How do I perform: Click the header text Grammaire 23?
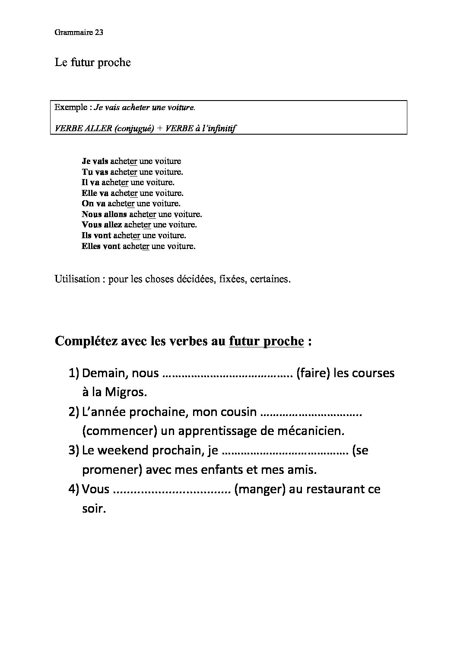click(x=79, y=33)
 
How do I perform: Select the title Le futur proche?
click(x=92, y=63)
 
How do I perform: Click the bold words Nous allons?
click(x=104, y=214)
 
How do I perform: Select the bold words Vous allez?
click(x=102, y=225)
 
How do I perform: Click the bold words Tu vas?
click(x=95, y=172)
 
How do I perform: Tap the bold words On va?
click(x=93, y=203)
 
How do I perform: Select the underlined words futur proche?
click(x=267, y=341)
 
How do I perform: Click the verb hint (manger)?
click(x=260, y=490)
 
